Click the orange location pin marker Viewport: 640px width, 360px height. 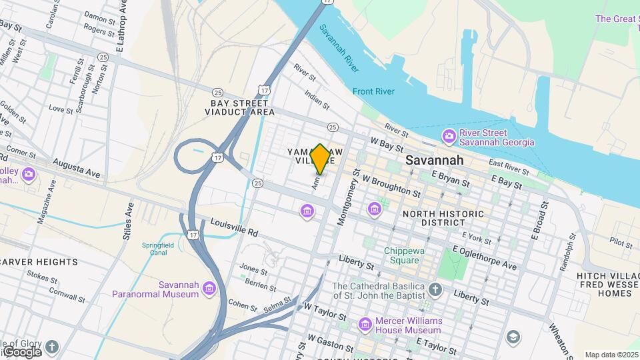tap(320, 159)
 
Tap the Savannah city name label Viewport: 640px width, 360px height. tap(435, 161)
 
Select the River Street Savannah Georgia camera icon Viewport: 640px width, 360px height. tap(449, 137)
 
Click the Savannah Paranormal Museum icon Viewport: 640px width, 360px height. tap(209, 288)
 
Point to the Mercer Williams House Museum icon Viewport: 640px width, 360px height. tap(365, 325)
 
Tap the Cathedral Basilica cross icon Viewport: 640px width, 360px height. tap(435, 289)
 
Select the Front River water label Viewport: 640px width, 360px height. tap(374, 91)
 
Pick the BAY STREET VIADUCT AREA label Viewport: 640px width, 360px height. tap(239, 108)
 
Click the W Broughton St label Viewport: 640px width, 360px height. tap(392, 186)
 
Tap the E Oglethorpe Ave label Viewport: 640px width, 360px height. tap(484, 258)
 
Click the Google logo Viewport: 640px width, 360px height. tap(23, 351)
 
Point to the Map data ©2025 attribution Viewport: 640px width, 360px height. tap(611, 355)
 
